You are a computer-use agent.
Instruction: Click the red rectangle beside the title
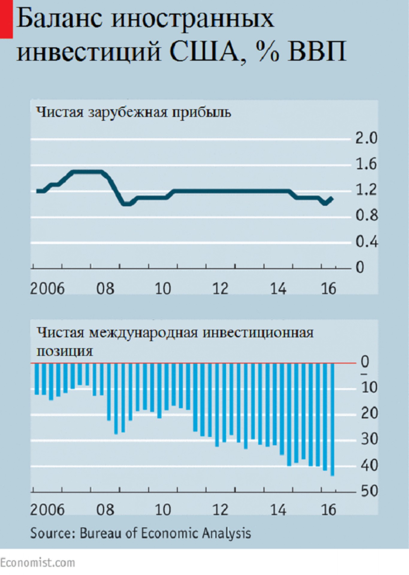pos(6,19)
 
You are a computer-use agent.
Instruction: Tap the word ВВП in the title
pos(317,52)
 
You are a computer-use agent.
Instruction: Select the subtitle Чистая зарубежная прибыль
pos(133,113)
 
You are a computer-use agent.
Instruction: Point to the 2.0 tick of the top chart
pos(366,138)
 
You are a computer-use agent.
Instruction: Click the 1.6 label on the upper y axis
pos(366,164)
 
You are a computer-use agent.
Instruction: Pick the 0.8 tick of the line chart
pos(366,216)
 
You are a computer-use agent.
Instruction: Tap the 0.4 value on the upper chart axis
pos(366,242)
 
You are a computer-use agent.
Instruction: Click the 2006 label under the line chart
pos(47,289)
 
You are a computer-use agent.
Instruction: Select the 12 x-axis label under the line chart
pos(221,289)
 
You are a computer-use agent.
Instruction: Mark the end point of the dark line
pos(331,198)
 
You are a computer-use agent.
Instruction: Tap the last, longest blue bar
pos(332,419)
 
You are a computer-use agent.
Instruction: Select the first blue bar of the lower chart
pos(37,379)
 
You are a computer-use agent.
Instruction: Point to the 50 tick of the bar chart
pos(369,491)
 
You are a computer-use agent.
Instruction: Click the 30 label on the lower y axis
pos(369,440)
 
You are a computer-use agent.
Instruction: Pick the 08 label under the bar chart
pos(105,510)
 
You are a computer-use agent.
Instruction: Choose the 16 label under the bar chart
pos(329,510)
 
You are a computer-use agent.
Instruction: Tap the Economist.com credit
pos(37,563)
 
